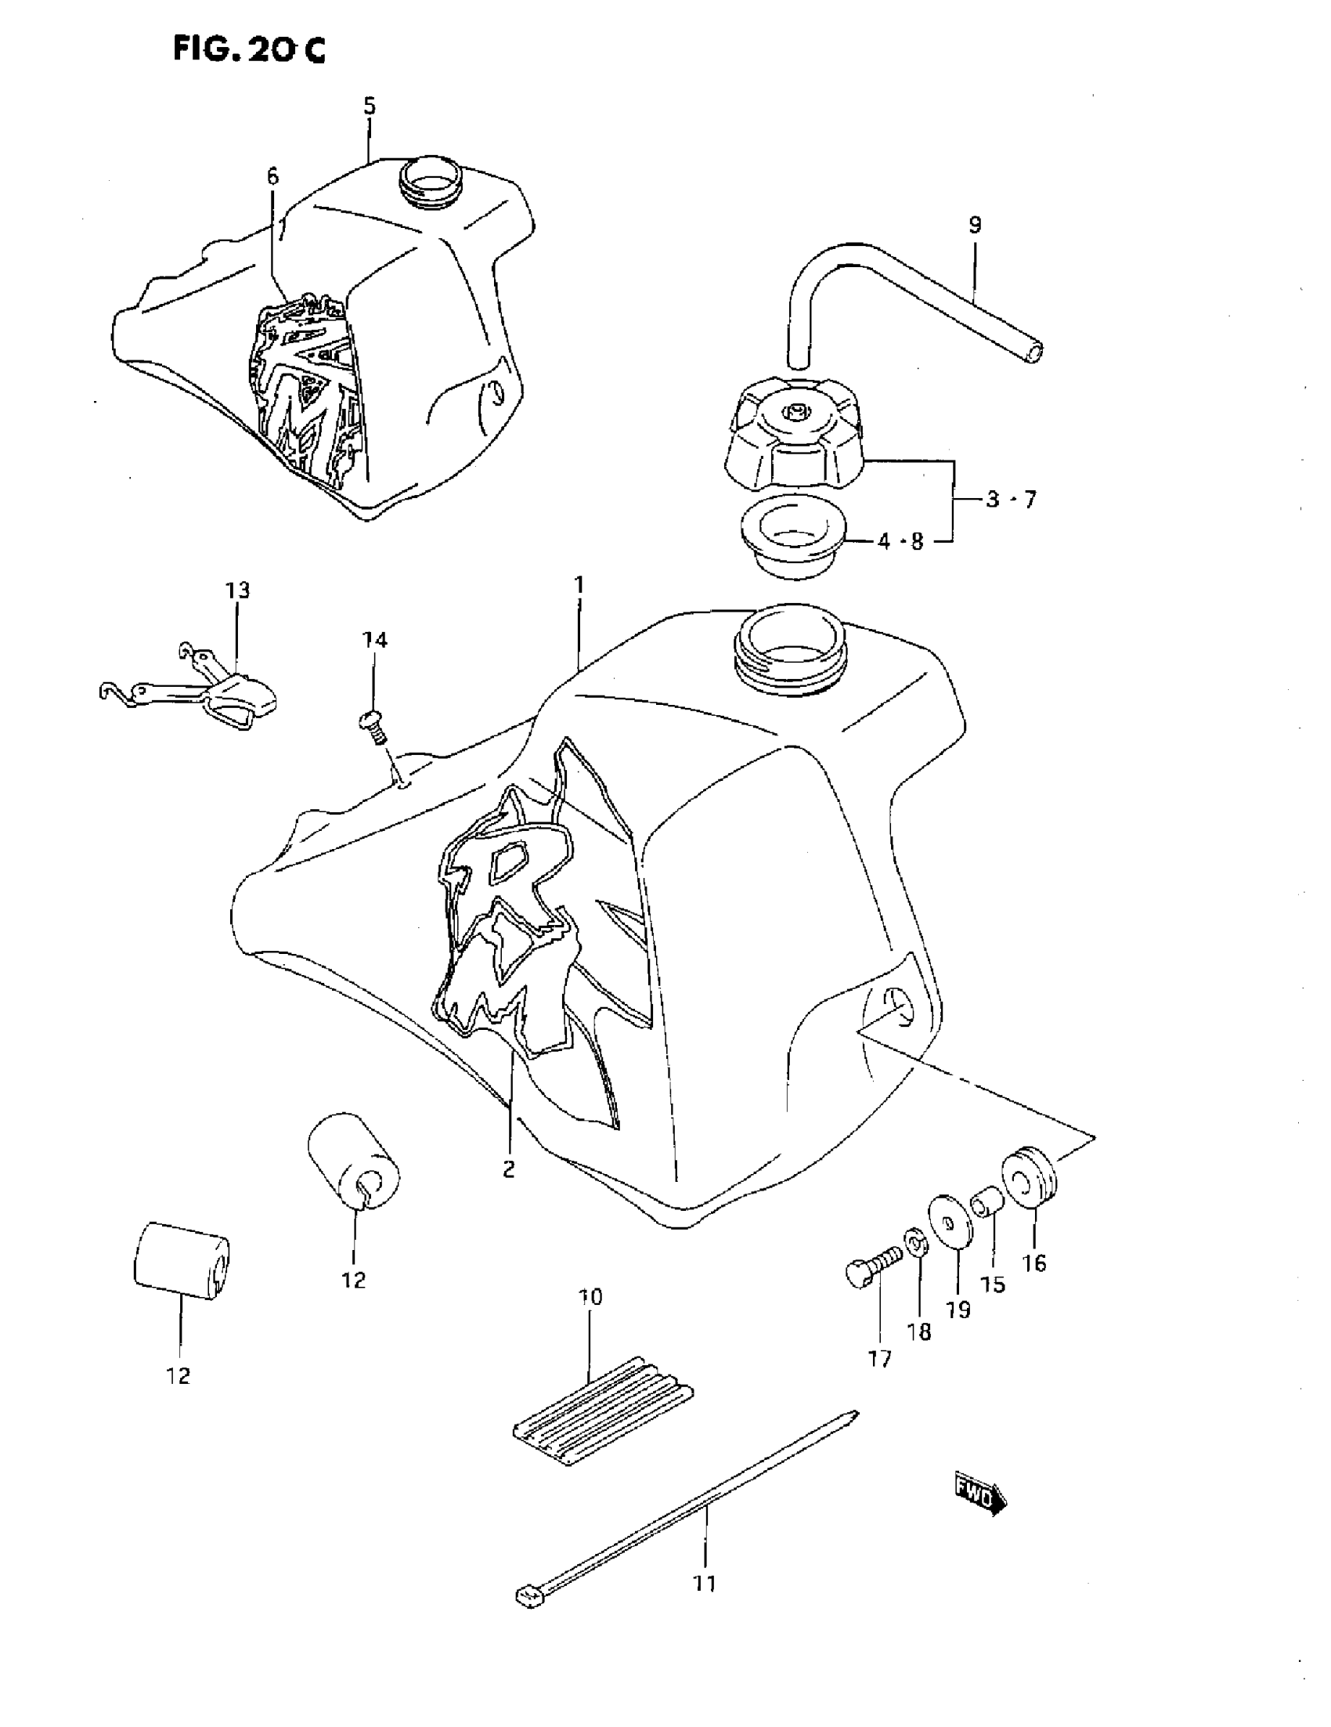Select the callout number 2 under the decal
(508, 1169)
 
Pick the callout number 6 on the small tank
(272, 176)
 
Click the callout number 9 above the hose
(975, 226)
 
